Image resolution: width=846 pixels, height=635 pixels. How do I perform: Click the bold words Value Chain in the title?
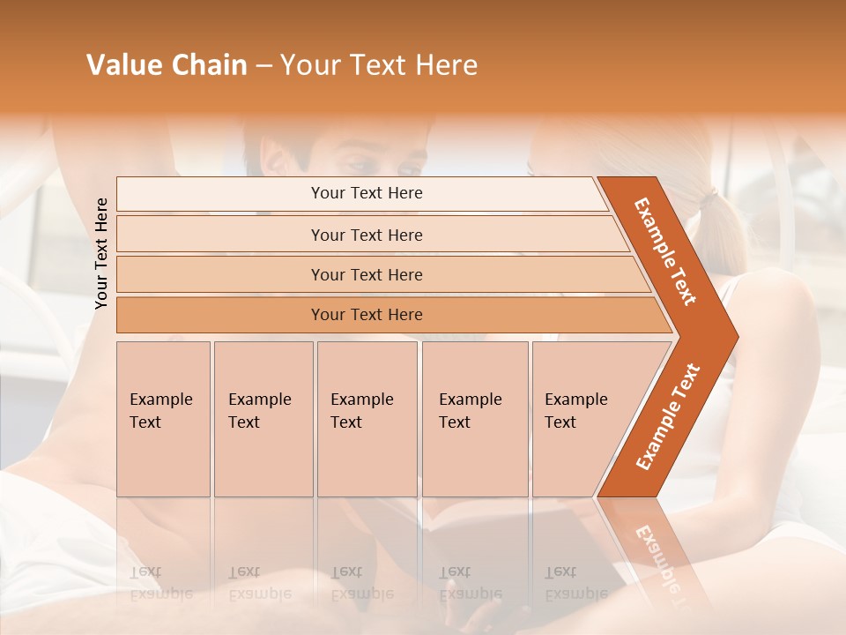click(167, 65)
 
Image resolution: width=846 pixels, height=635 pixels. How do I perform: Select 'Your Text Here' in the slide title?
click(379, 65)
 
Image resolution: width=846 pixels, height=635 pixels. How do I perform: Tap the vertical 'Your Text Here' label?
click(101, 253)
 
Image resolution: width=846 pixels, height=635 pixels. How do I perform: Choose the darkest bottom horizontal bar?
click(220, 315)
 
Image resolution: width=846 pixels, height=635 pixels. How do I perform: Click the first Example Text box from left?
click(163, 419)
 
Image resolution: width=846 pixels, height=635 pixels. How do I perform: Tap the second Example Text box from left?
click(263, 419)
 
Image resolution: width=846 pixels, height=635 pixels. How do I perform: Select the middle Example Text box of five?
click(367, 419)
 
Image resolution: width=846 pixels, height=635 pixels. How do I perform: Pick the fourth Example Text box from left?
click(474, 419)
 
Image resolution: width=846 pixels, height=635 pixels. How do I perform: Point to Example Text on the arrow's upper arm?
click(665, 251)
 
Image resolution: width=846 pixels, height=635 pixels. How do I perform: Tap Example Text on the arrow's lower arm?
click(667, 416)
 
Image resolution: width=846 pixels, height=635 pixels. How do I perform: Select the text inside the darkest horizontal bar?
click(367, 315)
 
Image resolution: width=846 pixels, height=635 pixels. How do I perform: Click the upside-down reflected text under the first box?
click(161, 583)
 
